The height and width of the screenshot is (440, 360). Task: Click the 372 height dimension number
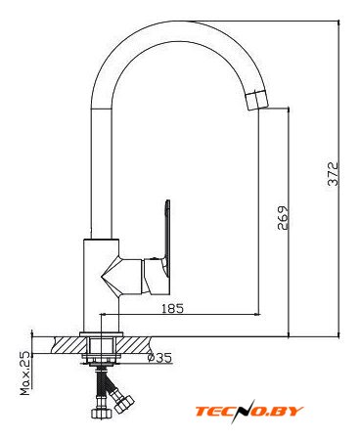pyautogui.click(x=334, y=174)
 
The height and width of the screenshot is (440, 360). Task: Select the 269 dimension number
pyautogui.click(x=283, y=218)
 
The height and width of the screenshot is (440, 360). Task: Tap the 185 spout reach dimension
pyautogui.click(x=173, y=308)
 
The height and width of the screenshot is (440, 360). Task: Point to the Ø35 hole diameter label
pyautogui.click(x=159, y=358)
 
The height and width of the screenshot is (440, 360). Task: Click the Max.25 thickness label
pyautogui.click(x=25, y=374)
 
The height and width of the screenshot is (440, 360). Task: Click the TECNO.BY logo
pyautogui.click(x=249, y=412)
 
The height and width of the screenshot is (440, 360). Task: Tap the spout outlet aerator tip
pyautogui.click(x=257, y=101)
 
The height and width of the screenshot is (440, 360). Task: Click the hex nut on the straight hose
pyautogui.click(x=102, y=413)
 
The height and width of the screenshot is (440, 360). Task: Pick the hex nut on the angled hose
pyautogui.click(x=124, y=403)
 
